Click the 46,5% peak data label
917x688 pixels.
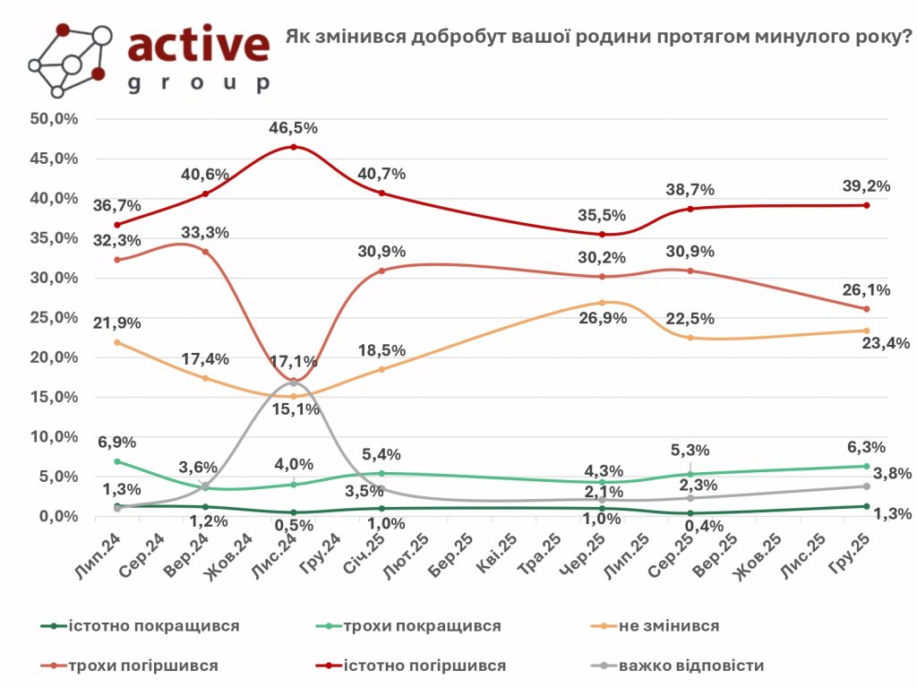[294, 128]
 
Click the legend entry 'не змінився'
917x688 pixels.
[669, 625]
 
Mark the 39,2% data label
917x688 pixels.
[866, 185]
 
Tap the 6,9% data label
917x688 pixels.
[117, 443]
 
